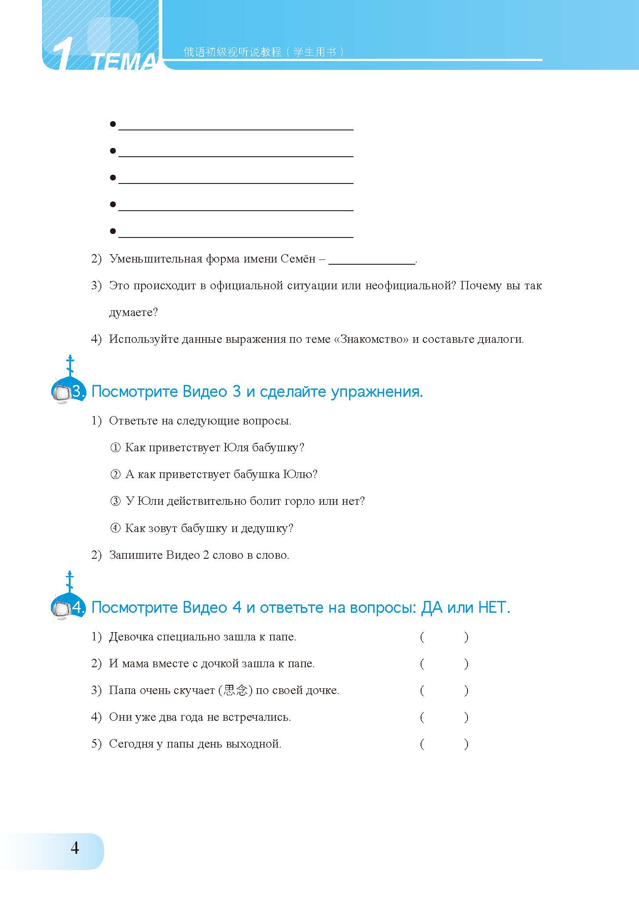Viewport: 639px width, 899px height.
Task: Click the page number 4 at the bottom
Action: click(x=75, y=848)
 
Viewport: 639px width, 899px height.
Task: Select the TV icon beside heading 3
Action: click(x=61, y=392)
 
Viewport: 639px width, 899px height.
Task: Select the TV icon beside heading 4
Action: click(x=61, y=608)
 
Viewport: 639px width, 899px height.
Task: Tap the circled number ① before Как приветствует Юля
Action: click(x=115, y=448)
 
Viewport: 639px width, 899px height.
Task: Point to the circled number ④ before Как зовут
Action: click(x=115, y=528)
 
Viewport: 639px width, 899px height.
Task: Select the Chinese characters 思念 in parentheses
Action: click(x=236, y=690)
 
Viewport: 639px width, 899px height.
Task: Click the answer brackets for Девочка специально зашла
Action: click(x=444, y=637)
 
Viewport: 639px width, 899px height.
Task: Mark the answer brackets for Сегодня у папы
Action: click(x=444, y=744)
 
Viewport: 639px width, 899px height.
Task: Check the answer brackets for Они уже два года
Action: click(x=444, y=717)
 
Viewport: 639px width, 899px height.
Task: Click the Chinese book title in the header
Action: click(x=263, y=52)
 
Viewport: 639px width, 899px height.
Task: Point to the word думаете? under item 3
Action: click(x=133, y=313)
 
